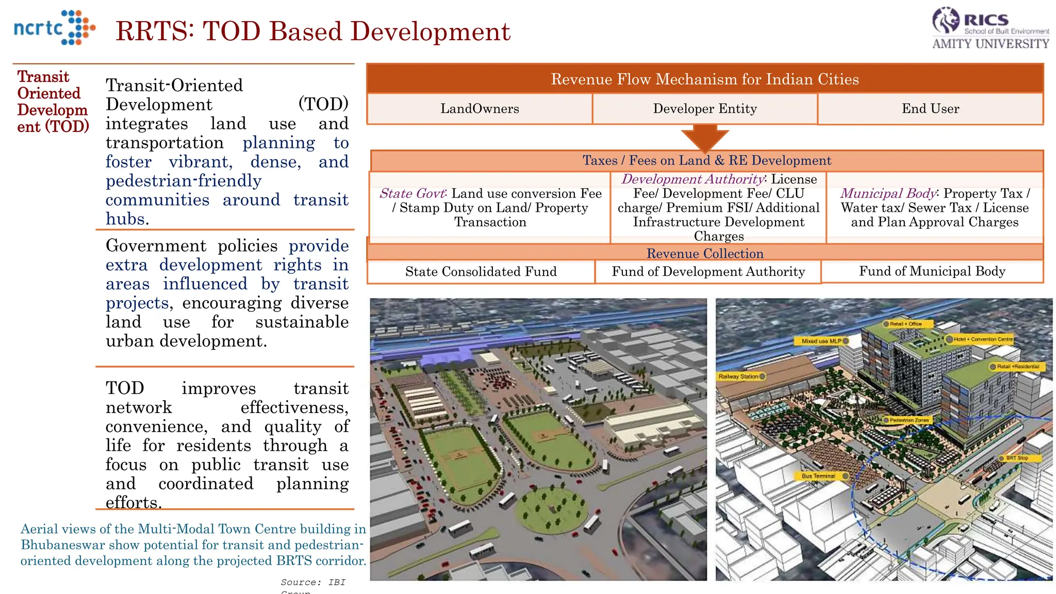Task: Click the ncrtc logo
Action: coord(54,28)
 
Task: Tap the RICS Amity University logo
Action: coord(990,29)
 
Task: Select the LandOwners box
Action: coord(480,109)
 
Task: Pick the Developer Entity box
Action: coord(705,109)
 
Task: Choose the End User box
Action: coord(930,109)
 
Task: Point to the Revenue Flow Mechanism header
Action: coord(705,79)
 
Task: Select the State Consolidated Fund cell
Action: coord(481,272)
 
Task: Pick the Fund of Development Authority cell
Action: coord(708,272)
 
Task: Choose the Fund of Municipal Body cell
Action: coord(932,271)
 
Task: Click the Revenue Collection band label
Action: coord(705,253)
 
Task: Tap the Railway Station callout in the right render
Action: coord(739,376)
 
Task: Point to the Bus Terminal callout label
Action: coord(819,476)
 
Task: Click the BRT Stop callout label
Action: coord(1017,458)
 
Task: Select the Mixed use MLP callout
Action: coord(822,341)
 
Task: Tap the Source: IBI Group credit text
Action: coord(312,583)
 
